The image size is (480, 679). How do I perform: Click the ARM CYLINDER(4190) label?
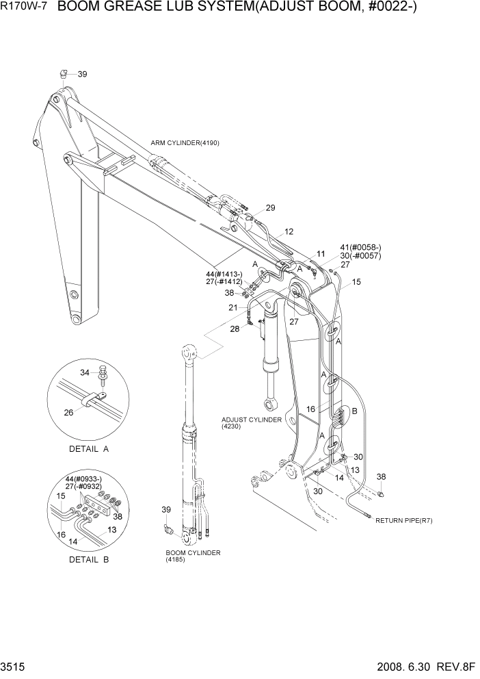tap(185, 142)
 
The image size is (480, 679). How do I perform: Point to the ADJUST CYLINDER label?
tap(251, 420)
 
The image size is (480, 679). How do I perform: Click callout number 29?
tap(270, 208)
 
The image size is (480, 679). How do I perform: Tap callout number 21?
tap(234, 308)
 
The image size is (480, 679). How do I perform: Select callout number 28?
tap(235, 329)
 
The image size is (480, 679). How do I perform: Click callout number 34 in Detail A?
tap(85, 372)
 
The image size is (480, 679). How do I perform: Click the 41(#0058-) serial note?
tap(360, 248)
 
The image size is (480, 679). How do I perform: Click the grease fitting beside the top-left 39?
tap(63, 74)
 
